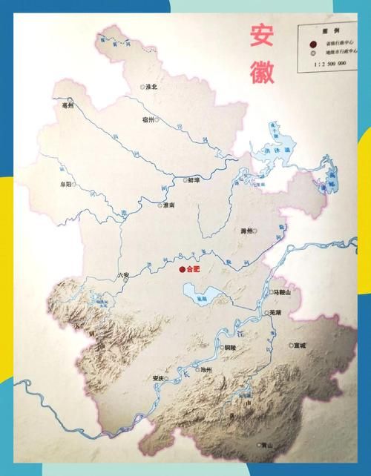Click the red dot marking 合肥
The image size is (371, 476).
coord(183,269)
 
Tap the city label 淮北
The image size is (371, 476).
coord(151,87)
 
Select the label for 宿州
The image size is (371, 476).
coord(148,119)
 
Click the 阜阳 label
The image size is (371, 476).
coord(66,184)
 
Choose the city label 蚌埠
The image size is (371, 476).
coord(194,179)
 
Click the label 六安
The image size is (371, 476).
coord(123,276)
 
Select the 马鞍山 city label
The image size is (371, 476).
coord(284,294)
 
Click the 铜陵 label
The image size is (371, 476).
coord(229,347)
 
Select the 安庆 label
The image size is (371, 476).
coord(157,377)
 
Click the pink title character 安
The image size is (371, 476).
coord(261,35)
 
